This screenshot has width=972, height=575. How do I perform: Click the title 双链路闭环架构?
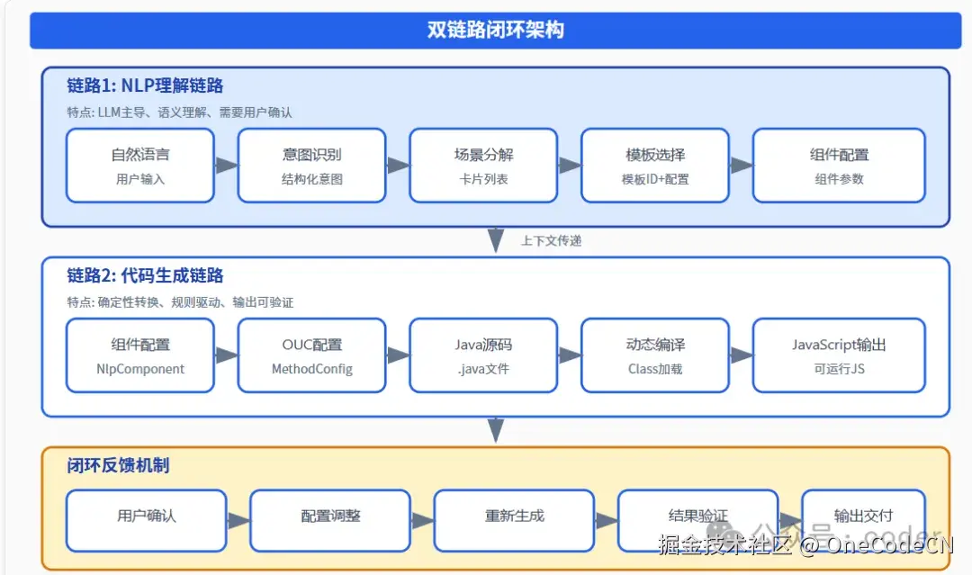[x=495, y=30]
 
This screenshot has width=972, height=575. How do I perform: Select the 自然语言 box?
[x=140, y=166]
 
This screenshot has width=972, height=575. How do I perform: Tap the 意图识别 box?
[x=311, y=166]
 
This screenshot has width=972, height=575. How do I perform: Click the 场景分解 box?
[x=483, y=166]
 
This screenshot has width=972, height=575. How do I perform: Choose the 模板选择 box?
[x=655, y=166]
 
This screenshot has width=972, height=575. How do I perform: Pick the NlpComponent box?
[x=140, y=355]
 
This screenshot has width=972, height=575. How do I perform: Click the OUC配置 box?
[x=311, y=355]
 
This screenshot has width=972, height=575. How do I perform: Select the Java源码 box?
[x=483, y=355]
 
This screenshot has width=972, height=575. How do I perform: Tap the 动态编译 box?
[x=655, y=355]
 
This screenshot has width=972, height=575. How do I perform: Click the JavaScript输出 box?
[x=839, y=355]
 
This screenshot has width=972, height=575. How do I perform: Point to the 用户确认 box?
[x=147, y=520]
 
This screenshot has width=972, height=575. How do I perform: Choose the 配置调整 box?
[x=330, y=520]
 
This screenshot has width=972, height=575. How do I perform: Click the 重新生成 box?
[x=514, y=520]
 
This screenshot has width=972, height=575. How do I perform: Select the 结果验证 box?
[x=697, y=520]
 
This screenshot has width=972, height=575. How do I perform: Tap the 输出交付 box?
[x=863, y=520]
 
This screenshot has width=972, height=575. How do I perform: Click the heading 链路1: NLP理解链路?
[x=145, y=86]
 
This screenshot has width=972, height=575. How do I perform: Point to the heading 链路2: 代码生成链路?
[x=145, y=276]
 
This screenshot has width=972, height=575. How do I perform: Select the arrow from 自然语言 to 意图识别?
[x=227, y=166]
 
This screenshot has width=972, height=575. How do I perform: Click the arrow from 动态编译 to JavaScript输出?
[x=742, y=355]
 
